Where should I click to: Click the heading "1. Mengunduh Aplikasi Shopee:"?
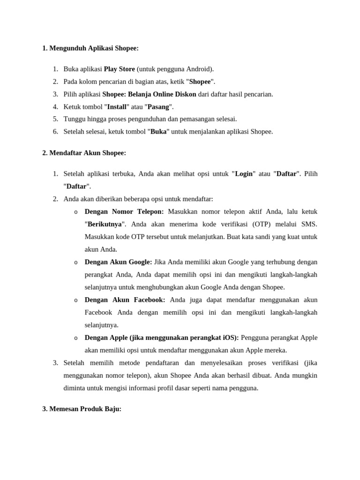(x=90, y=48)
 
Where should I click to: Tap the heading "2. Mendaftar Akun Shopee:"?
(x=84, y=153)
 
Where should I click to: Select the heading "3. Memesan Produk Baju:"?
(x=82, y=409)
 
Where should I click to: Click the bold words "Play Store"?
(x=119, y=69)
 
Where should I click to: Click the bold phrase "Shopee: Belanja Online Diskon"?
(x=149, y=94)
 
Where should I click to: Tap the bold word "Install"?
(x=117, y=107)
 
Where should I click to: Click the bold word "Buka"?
(x=158, y=132)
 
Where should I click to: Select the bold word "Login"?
(x=244, y=174)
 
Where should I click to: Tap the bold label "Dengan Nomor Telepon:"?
(x=124, y=211)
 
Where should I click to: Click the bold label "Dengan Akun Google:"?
(x=118, y=262)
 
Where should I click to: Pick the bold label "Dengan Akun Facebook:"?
(x=125, y=300)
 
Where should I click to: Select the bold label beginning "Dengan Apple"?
(x=162, y=337)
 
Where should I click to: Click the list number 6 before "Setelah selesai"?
(x=55, y=132)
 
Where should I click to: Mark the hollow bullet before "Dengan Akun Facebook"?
(x=76, y=300)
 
